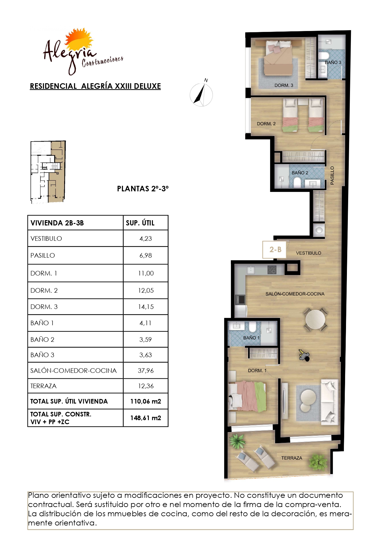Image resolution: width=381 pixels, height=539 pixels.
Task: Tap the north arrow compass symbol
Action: tap(201, 94)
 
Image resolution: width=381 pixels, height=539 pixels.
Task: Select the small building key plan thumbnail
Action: tap(48, 172)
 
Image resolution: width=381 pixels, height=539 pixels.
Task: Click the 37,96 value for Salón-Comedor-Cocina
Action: tap(146, 370)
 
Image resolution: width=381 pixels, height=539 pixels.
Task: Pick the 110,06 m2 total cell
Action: tap(146, 401)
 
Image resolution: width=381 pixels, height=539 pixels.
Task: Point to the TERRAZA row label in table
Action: tap(43, 386)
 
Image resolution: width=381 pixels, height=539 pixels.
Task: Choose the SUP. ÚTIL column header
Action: tap(140, 223)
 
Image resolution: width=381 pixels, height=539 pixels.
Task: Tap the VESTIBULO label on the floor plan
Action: tap(309, 253)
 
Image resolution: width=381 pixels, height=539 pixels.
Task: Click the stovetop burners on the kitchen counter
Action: tap(272, 270)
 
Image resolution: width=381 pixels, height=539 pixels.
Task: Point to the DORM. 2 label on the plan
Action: tap(266, 124)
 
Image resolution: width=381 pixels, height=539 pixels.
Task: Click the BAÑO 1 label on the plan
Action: tap(251, 338)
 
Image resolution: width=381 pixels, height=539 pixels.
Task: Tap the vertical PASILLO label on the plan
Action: tap(332, 175)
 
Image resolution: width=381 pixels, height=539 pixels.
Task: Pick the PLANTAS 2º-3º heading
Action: tap(143, 189)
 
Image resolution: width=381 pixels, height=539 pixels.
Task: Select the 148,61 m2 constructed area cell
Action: tap(146, 418)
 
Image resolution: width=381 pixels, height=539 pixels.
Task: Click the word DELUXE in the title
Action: tap(147, 86)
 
